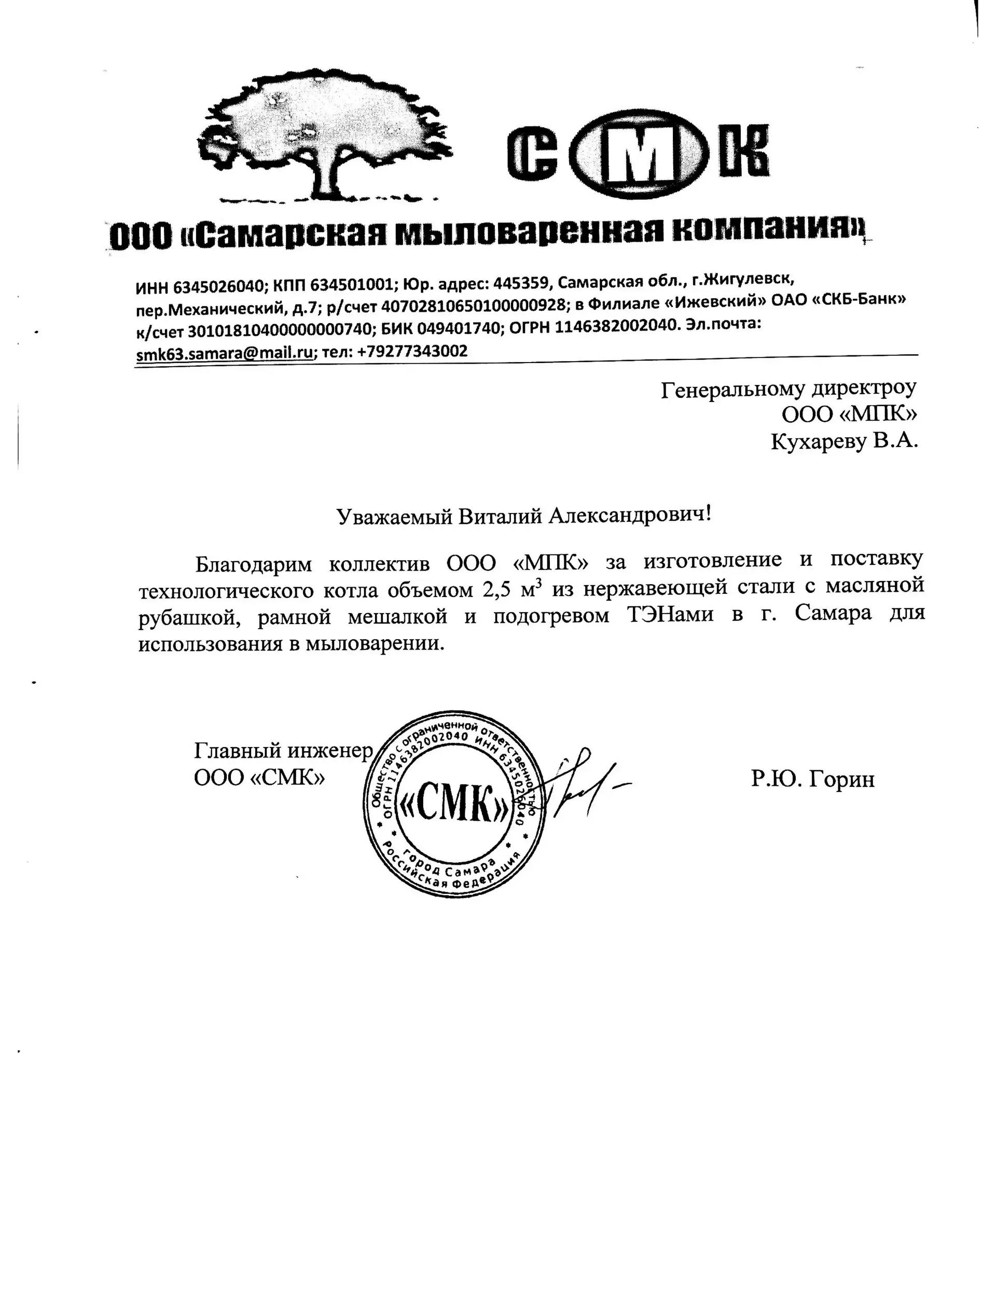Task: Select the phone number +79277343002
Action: click(x=412, y=352)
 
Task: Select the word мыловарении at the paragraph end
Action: click(x=374, y=643)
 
